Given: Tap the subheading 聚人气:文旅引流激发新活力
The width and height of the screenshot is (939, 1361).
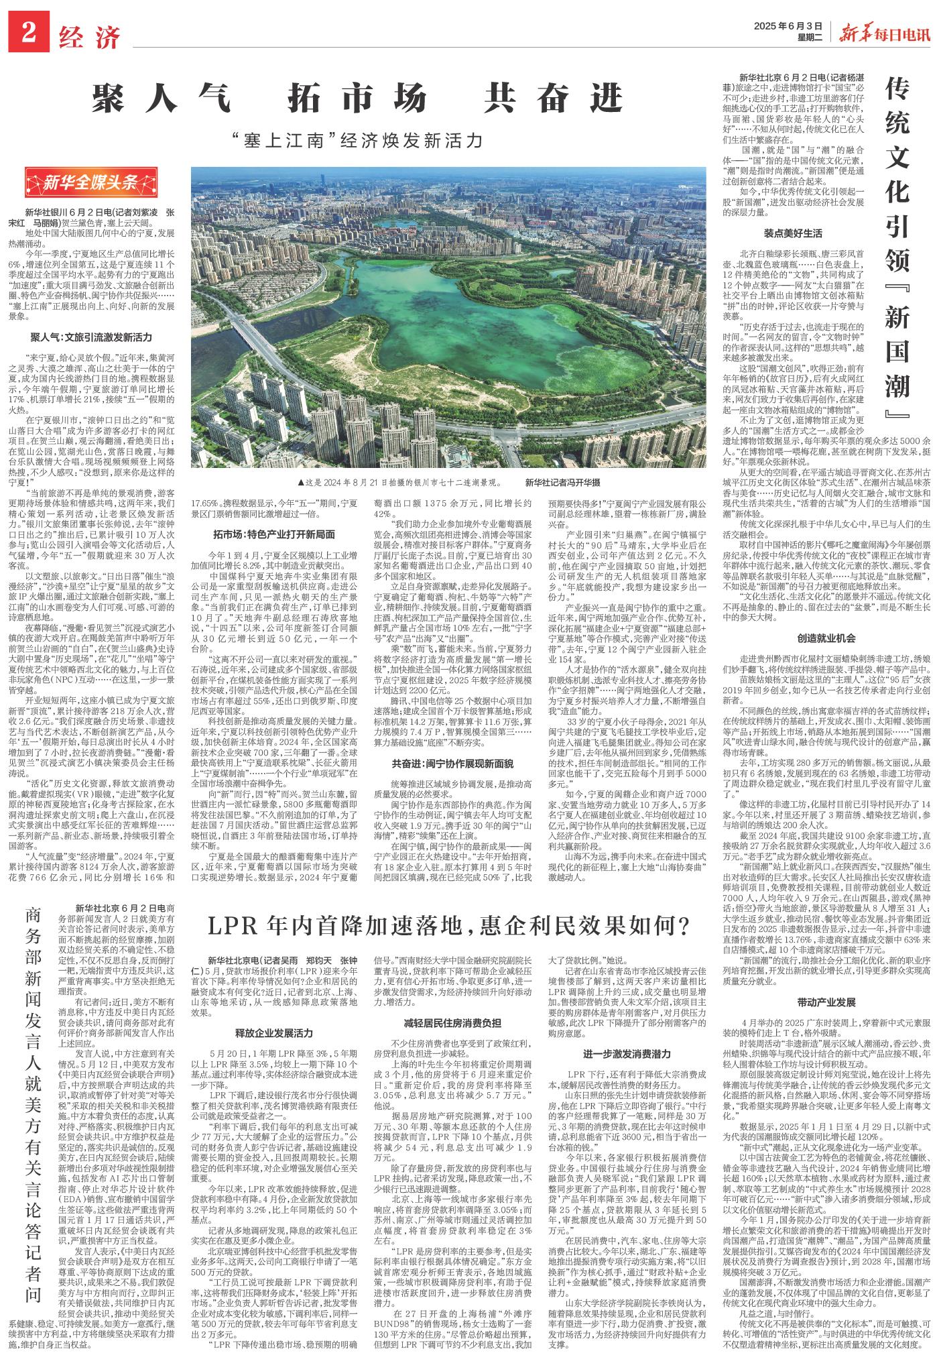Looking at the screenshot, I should coord(90,337).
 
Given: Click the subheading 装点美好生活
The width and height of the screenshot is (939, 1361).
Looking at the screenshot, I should coord(792,233).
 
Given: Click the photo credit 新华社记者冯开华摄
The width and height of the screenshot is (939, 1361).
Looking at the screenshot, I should coord(562,482).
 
